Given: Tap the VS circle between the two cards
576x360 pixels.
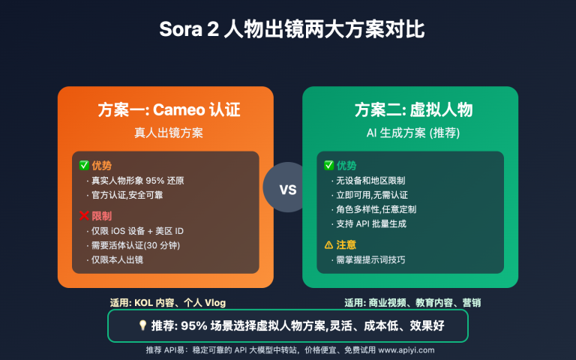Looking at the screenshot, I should click(x=288, y=188).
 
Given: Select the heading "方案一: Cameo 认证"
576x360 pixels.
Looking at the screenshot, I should click(x=169, y=109).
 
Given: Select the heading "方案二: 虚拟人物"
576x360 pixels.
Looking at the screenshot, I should click(x=413, y=109).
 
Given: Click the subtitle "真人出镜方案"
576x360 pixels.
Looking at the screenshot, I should click(x=166, y=133).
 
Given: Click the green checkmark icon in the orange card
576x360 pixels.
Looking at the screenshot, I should click(x=84, y=165).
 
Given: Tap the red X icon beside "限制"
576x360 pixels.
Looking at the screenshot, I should click(x=84, y=216).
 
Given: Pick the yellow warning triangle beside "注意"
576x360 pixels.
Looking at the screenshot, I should click(x=328, y=244).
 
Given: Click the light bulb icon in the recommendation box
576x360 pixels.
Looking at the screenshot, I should click(x=143, y=326).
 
